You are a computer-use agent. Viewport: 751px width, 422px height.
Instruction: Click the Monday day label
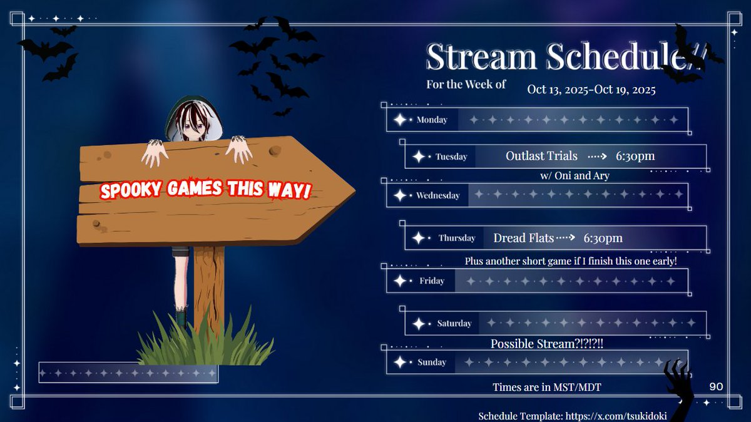[432, 120]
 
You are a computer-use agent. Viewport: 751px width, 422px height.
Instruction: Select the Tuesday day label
[451, 157]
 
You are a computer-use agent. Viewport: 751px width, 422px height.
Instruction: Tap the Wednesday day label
[437, 195]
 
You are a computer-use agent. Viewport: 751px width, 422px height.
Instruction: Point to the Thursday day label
[457, 238]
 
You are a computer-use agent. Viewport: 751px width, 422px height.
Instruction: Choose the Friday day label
[432, 281]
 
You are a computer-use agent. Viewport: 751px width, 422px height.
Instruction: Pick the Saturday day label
[454, 324]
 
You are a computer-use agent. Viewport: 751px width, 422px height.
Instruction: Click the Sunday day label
[432, 362]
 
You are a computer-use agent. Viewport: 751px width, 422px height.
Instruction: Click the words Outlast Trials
[541, 156]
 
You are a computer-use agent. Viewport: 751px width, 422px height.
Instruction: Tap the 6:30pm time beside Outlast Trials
[635, 156]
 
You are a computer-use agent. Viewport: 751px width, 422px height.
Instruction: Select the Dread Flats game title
[523, 238]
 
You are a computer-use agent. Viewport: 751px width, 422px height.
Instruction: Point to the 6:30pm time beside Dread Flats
[603, 238]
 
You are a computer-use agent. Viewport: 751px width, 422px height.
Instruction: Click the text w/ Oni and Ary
[575, 176]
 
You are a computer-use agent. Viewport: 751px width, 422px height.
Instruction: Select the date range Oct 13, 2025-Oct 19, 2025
[591, 90]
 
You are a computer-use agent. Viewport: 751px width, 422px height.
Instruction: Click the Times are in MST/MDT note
[546, 387]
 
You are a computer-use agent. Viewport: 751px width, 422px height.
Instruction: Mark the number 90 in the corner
[716, 386]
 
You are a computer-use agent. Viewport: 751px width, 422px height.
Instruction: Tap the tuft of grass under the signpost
[207, 341]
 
